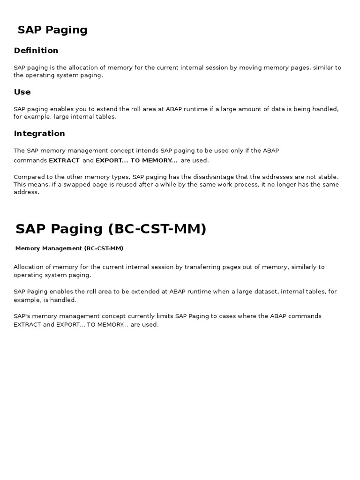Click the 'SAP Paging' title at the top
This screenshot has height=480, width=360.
(x=52, y=30)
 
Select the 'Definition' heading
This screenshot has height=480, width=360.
(x=36, y=51)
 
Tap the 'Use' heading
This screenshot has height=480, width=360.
(x=22, y=92)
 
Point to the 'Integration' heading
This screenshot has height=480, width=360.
(x=39, y=134)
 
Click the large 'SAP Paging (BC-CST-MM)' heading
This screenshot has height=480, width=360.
(x=111, y=229)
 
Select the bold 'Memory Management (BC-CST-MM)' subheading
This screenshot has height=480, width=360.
(x=69, y=248)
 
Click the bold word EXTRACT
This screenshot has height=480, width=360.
(x=64, y=160)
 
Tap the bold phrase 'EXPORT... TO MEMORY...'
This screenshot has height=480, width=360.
(x=136, y=160)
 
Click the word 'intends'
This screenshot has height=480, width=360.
(x=147, y=151)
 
